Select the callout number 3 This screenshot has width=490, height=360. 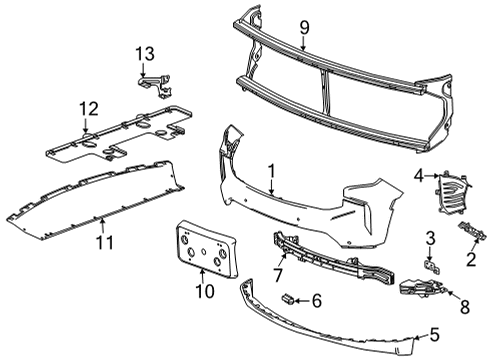429,237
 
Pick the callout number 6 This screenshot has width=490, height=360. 317,299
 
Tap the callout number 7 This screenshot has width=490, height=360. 279,272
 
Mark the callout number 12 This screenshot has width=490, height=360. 88,106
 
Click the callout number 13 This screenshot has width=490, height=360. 146,52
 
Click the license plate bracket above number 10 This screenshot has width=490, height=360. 205,248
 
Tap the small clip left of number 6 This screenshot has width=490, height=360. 288,298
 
